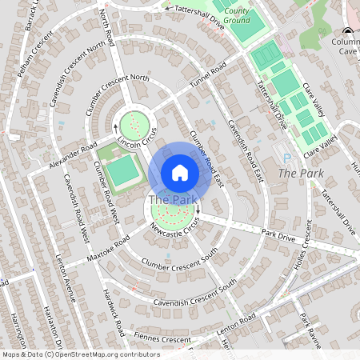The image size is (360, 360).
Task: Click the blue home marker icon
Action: coord(180,173)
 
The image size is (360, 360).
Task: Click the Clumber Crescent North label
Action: coord(123,78)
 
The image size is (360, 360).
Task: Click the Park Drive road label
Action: coord(278,236)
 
